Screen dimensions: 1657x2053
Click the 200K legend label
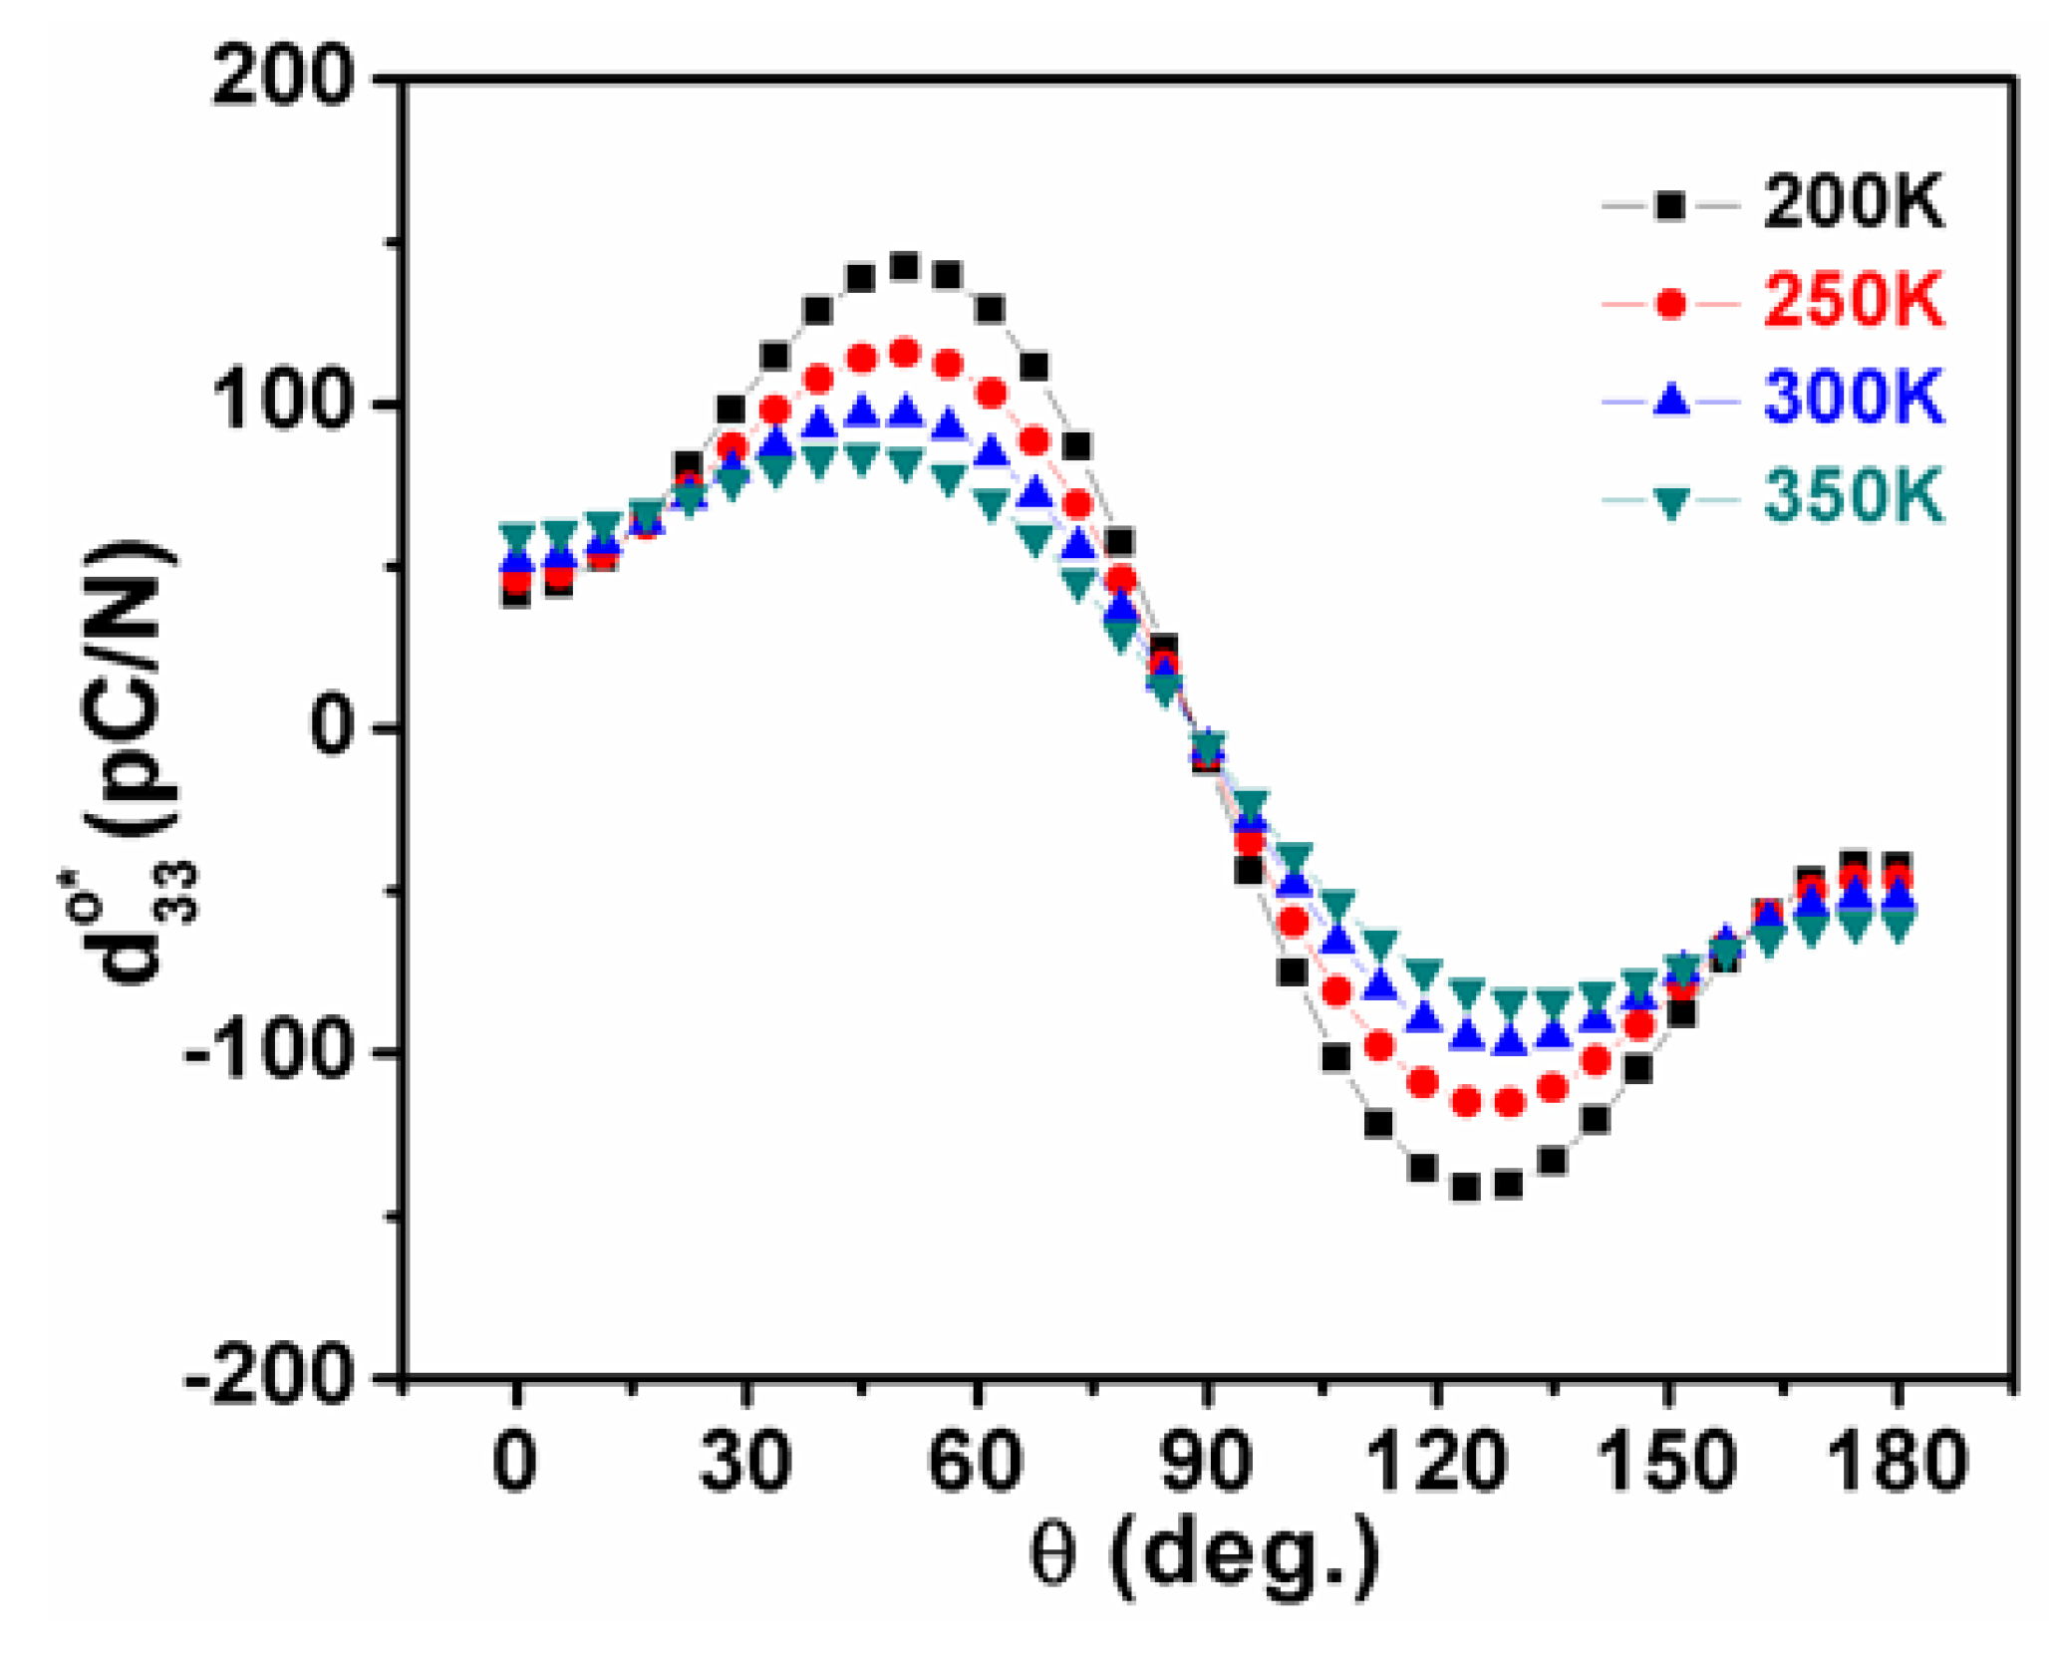pos(1853,203)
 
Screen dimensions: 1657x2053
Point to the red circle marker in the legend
pos(1671,303)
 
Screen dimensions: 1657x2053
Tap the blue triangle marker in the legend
pos(1671,400)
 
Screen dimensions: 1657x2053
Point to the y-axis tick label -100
pos(269,1051)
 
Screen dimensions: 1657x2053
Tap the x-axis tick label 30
pos(744,1462)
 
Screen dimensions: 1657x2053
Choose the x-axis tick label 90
pos(1206,1462)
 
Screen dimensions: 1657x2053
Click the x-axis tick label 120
pos(1435,1462)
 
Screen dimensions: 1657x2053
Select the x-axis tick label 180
pos(1899,1462)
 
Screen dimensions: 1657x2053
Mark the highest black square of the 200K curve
pos(904,266)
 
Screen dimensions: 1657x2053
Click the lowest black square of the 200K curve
pos(1465,1187)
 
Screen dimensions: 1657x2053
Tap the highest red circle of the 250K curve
pos(904,353)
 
